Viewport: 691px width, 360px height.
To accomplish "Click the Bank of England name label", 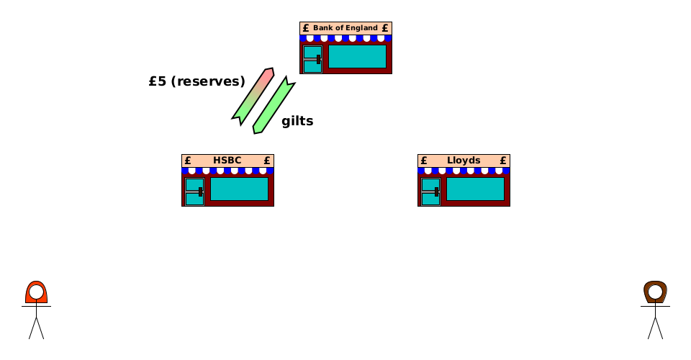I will (345, 28).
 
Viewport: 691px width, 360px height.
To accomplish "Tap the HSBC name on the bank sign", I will (227, 161).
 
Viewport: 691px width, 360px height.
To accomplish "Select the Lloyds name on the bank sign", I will (464, 161).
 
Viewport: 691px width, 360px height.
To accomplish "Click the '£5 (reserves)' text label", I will (197, 81).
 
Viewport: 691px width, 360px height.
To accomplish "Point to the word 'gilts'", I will (297, 121).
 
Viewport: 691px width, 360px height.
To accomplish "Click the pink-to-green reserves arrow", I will (253, 96).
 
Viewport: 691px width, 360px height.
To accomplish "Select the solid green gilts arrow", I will (274, 106).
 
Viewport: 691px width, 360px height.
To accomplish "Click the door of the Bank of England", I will (312, 59).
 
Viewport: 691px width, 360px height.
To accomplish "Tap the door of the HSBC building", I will (194, 192).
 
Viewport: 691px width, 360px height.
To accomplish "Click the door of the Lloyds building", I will (430, 192).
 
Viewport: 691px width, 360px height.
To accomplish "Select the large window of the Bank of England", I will (357, 57).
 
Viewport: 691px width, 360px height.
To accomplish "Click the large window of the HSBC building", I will (239, 189).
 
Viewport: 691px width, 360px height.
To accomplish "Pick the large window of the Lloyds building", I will (475, 189).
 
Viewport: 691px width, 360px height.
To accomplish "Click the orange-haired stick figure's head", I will (36, 293).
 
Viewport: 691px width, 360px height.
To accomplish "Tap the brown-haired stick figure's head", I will (655, 293).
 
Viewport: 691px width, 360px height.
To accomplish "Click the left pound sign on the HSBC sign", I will (188, 161).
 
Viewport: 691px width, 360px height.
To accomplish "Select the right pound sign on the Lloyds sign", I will (503, 161).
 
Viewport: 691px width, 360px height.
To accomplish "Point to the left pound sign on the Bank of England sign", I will (306, 28).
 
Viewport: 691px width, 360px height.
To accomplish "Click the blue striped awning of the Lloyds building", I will (464, 171).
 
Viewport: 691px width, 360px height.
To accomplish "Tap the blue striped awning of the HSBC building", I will (227, 171).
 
